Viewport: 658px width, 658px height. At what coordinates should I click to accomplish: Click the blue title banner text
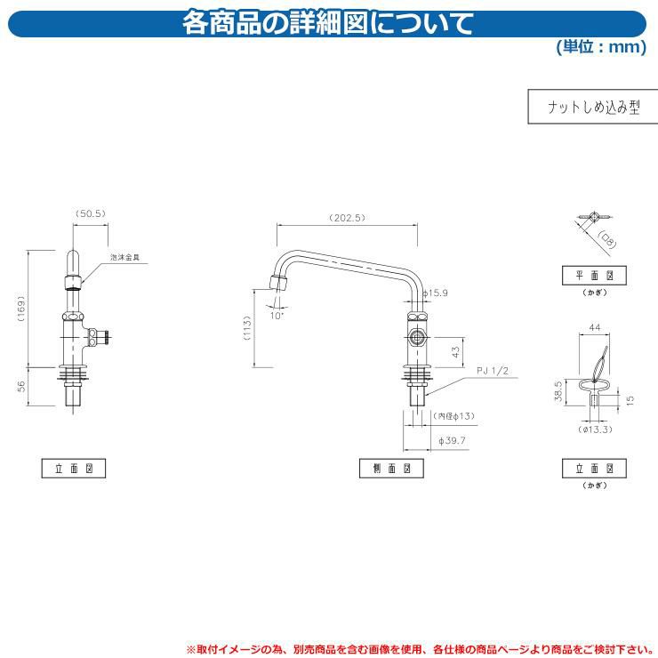click(x=328, y=22)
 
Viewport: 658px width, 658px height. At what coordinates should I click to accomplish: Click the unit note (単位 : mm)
click(x=601, y=47)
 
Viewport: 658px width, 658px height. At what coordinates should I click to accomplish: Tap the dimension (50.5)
click(x=91, y=213)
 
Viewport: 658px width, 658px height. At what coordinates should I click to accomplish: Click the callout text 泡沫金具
click(x=125, y=257)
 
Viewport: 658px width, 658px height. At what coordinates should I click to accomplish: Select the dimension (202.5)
click(x=348, y=218)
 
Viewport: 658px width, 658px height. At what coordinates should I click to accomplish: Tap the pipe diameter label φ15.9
click(x=437, y=292)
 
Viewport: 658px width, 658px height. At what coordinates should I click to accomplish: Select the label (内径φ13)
click(x=454, y=416)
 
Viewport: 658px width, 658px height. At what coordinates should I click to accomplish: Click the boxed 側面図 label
click(x=391, y=467)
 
